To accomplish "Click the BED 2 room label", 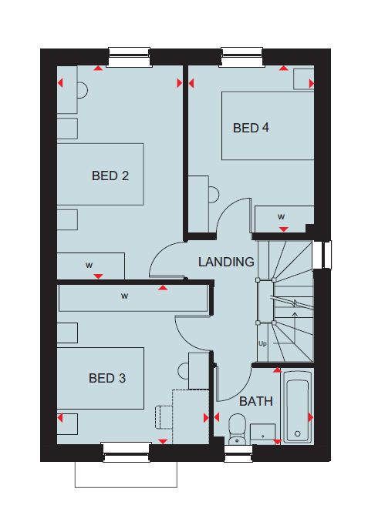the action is coord(110,176).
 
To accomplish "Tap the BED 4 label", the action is coord(252,128).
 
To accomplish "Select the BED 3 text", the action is coord(107,378).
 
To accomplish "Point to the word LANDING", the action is coord(226,262).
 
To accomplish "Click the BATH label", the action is coord(256,401).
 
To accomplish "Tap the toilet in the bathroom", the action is coord(237,429).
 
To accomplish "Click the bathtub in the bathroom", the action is coord(298,407).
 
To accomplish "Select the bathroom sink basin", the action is coord(262,433).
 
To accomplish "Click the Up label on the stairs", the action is coord(262,343).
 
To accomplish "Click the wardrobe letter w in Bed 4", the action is coord(281,216).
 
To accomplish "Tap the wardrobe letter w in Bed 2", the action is coord(89,265).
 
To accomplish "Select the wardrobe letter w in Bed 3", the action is coord(124,296).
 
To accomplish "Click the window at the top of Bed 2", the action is coord(129,57).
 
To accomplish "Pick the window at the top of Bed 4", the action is coord(242,57).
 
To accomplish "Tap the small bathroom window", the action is coord(238,453).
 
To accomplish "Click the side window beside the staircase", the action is coord(322,255).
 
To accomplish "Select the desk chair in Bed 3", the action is coord(164,417).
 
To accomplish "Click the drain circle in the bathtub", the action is coord(298,433).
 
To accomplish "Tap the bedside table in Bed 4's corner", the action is coord(303,79).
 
